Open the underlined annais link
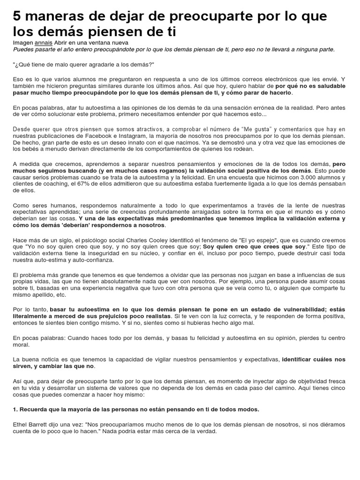(x=44, y=42)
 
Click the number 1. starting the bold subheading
(x=15, y=409)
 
